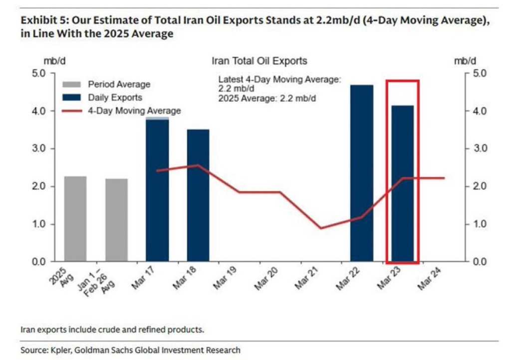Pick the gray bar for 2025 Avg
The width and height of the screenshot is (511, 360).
click(x=75, y=219)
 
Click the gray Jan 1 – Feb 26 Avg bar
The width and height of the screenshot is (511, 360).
click(x=116, y=220)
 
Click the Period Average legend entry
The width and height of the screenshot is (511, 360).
click(x=119, y=84)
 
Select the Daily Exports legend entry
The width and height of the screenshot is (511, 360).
click(x=115, y=98)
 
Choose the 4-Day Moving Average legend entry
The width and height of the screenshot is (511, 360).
click(x=134, y=111)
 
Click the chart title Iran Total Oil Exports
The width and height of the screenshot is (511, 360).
click(x=259, y=61)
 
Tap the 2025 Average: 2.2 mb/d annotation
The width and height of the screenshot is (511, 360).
click(x=267, y=98)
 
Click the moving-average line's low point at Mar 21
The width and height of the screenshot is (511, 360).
click(x=321, y=228)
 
